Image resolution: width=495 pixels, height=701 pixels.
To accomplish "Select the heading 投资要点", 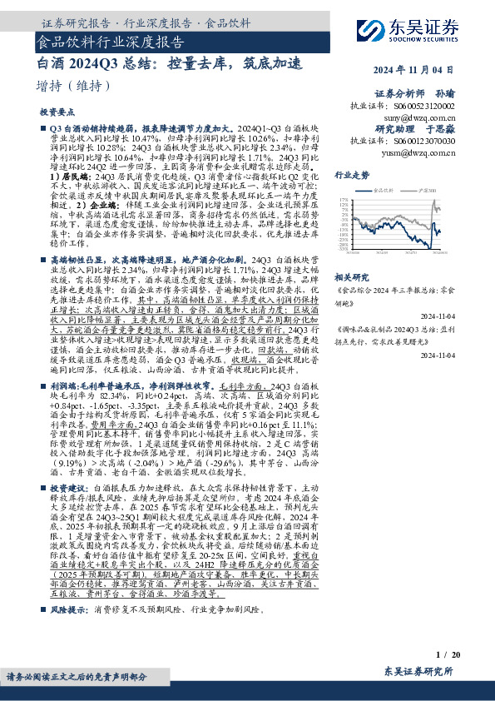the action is [x=57, y=111].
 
